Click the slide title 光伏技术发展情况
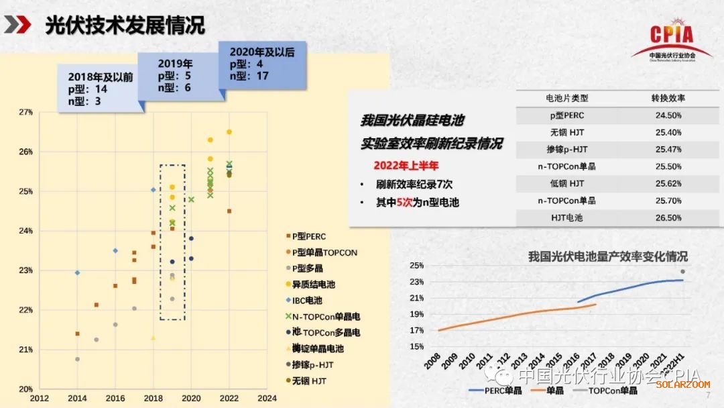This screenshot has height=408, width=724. click(x=125, y=26)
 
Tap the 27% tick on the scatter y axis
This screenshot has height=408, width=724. click(x=25, y=112)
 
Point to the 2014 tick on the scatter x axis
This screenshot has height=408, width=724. click(x=77, y=397)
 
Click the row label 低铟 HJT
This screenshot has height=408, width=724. click(x=566, y=183)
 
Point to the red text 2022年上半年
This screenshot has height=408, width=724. click(x=406, y=165)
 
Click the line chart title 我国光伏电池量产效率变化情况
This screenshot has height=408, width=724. click(x=607, y=256)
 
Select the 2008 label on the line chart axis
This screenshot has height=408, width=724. click(x=433, y=358)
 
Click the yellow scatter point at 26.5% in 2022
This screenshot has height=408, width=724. click(x=229, y=132)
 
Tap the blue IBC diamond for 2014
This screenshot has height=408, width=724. click(x=77, y=273)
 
